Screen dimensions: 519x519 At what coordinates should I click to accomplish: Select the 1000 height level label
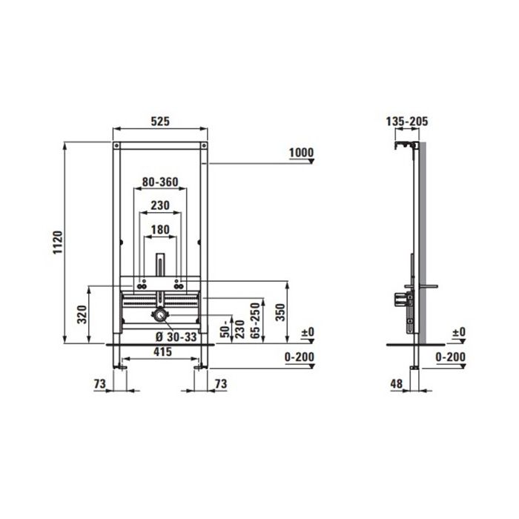(300, 153)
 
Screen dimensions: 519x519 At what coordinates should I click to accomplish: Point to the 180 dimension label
(159, 230)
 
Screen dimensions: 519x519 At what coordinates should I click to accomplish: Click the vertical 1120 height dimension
(58, 241)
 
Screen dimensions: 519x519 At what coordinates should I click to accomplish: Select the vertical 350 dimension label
(280, 311)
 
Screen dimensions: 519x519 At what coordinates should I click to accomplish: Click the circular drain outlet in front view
(159, 317)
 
